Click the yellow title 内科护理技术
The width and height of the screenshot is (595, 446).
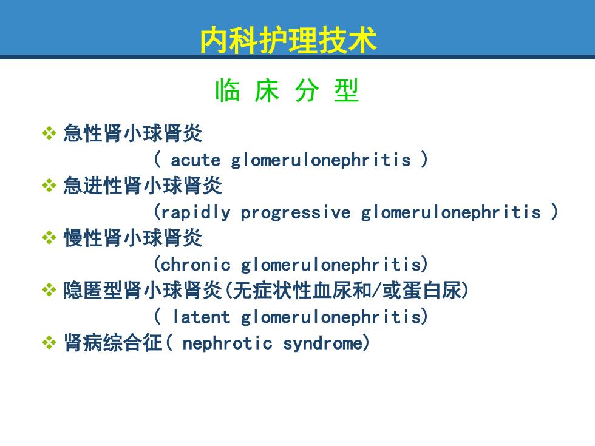[288, 40]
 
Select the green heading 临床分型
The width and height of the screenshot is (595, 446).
[287, 90]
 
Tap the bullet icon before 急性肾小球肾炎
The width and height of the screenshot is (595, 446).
[49, 133]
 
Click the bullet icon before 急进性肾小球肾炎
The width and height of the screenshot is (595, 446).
[49, 186]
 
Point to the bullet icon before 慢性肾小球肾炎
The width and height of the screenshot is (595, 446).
[49, 238]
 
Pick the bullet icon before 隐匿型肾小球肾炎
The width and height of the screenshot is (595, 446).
[49, 290]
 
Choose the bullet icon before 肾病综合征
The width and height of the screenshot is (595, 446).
[49, 343]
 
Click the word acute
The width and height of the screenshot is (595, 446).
[195, 160]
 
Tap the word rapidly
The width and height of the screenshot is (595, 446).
[195, 213]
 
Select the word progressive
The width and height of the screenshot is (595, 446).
[296, 213]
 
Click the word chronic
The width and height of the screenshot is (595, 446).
[195, 265]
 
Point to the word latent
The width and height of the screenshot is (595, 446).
[202, 317]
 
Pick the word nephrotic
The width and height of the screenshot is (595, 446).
[227, 343]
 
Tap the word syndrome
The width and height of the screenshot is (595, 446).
[323, 343]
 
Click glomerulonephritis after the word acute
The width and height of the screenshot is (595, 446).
[321, 161]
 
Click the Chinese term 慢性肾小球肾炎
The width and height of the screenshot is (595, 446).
[133, 238]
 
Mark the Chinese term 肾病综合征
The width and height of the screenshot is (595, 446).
[113, 343]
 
